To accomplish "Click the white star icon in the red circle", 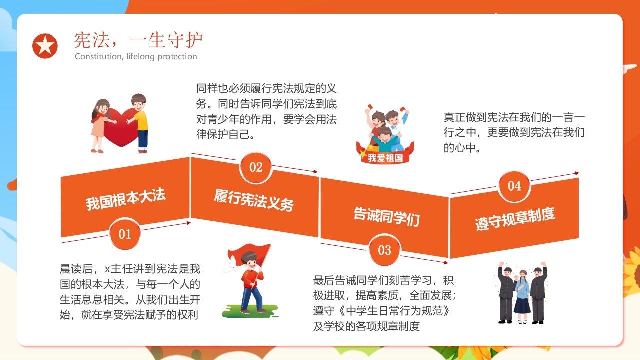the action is (45, 46).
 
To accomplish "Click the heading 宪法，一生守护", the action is (138, 40).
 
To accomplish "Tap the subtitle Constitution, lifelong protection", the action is (136, 56).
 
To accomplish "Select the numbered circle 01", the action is (125, 234).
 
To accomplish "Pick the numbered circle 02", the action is (256, 167).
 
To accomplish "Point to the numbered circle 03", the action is (384, 250).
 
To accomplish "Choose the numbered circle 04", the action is (514, 186).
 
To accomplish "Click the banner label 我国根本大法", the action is (126, 199).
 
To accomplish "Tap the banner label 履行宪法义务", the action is (254, 200).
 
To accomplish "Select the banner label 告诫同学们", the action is (386, 217).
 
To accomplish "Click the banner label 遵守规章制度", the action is (515, 219).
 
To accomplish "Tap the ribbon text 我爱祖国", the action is (385, 158).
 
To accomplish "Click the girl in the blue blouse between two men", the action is (522, 297).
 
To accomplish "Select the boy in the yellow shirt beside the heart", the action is (139, 123).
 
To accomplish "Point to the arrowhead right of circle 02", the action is (315, 171).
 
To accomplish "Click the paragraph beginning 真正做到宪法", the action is (514, 132).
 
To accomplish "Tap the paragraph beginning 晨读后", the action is (130, 292).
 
